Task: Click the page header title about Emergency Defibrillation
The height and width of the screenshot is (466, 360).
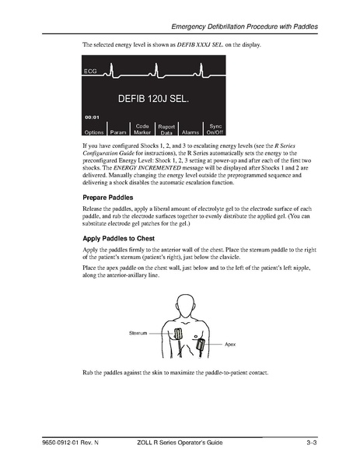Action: point(245,28)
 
